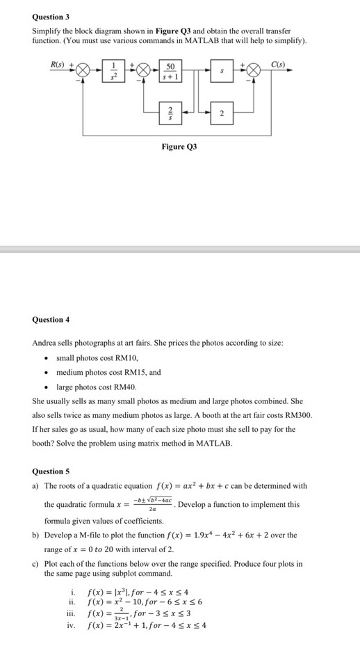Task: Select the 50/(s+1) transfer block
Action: pyautogui.click(x=170, y=71)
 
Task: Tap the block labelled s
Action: pyautogui.click(x=222, y=71)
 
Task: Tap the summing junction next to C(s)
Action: pyautogui.click(x=252, y=71)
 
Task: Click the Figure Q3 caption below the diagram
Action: pyautogui.click(x=179, y=147)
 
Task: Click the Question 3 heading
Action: pyautogui.click(x=51, y=16)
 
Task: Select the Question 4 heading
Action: pyautogui.click(x=51, y=320)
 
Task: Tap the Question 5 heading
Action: pyautogui.click(x=51, y=471)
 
